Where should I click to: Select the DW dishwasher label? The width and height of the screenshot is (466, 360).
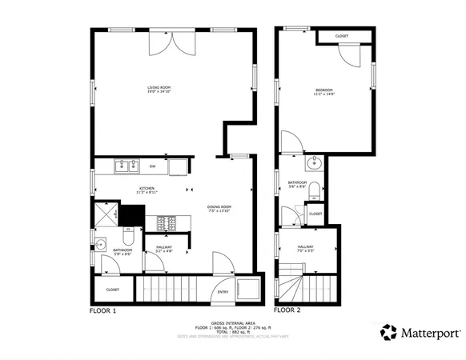pos(152,166)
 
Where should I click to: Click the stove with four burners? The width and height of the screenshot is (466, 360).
pos(167,223)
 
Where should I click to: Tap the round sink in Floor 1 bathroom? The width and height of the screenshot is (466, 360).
pos(101,245)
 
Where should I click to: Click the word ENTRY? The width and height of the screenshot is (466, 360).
pos(222,291)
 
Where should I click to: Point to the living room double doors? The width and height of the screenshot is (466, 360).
pos(171,43)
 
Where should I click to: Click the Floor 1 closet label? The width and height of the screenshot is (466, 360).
pos(112,290)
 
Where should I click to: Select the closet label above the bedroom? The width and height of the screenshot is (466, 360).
pos(342,36)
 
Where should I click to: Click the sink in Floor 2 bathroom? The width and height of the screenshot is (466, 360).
pos(312,165)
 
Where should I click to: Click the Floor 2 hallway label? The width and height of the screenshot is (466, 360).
pos(306,248)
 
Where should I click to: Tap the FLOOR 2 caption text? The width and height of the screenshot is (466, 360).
pos(287,310)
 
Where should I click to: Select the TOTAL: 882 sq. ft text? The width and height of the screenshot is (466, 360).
pos(232,331)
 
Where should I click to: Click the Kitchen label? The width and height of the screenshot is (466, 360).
pos(147,190)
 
